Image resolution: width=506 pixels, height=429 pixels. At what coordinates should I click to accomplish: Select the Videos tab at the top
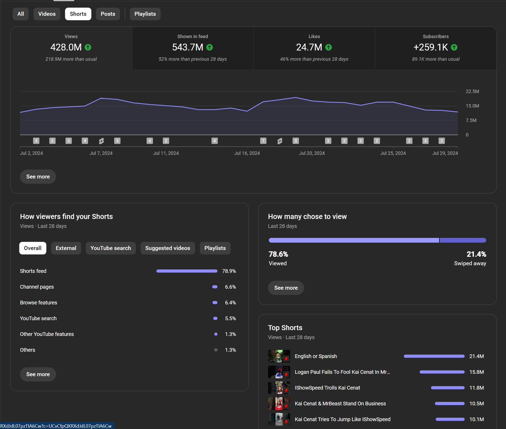click(47, 14)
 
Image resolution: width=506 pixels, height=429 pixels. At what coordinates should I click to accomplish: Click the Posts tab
click(108, 14)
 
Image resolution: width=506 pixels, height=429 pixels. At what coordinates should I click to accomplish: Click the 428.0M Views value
click(66, 47)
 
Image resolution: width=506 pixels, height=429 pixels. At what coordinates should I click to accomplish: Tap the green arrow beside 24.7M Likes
click(328, 47)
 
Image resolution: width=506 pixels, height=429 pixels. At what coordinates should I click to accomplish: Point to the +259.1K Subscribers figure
click(431, 47)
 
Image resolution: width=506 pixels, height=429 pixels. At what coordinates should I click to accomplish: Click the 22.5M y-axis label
click(472, 91)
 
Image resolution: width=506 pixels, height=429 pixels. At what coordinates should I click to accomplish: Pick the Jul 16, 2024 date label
click(247, 153)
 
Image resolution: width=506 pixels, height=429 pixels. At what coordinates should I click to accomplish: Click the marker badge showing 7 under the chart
click(263, 141)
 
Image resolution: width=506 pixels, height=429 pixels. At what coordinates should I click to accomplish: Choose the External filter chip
click(66, 248)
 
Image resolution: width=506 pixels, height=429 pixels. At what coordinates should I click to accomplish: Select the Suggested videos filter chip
click(168, 248)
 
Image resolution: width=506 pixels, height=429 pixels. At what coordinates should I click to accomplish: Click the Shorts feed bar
click(187, 271)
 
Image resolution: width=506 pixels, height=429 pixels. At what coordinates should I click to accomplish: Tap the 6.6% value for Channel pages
click(230, 287)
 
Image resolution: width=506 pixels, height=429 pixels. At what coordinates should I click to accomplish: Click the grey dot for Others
click(215, 350)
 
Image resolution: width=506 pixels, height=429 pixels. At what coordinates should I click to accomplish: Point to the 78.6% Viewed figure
click(278, 254)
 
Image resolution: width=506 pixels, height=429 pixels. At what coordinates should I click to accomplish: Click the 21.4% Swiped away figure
click(476, 254)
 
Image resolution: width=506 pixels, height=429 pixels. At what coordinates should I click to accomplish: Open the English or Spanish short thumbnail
click(279, 356)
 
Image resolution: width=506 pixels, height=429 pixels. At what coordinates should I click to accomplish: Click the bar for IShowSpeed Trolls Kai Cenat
click(448, 388)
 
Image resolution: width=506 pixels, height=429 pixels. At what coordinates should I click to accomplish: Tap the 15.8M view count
click(476, 372)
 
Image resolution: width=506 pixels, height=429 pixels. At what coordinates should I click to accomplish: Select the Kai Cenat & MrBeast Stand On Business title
click(340, 404)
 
